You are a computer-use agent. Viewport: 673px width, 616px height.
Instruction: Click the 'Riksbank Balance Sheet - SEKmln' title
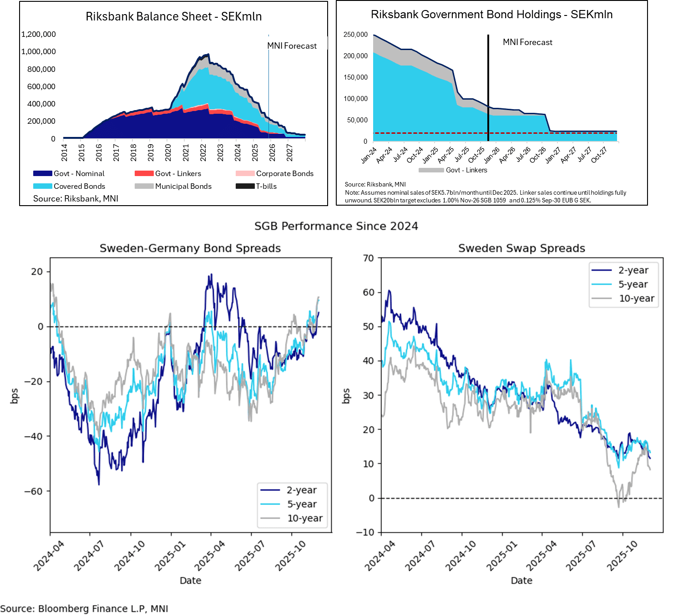173,17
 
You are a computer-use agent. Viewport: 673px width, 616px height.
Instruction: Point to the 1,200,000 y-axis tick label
39,34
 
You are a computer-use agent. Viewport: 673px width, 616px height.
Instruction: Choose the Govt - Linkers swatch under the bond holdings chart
431,170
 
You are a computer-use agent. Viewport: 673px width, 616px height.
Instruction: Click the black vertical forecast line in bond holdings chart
488,86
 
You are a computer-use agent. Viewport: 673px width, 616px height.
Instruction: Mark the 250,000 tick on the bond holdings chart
355,35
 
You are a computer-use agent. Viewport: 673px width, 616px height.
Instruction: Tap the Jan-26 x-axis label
491,155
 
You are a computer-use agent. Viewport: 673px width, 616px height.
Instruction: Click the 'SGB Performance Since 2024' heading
336,226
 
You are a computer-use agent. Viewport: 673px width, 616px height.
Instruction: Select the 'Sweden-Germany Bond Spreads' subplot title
190,248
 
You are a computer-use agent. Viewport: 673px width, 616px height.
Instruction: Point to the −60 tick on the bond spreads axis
33,491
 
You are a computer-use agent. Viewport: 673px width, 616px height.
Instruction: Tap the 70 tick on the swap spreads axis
368,258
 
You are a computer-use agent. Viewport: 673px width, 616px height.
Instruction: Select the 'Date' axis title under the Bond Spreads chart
190,581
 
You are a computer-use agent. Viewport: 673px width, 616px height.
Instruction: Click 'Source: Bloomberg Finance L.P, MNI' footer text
84,609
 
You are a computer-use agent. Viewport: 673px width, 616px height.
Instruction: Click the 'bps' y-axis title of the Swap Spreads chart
346,396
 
